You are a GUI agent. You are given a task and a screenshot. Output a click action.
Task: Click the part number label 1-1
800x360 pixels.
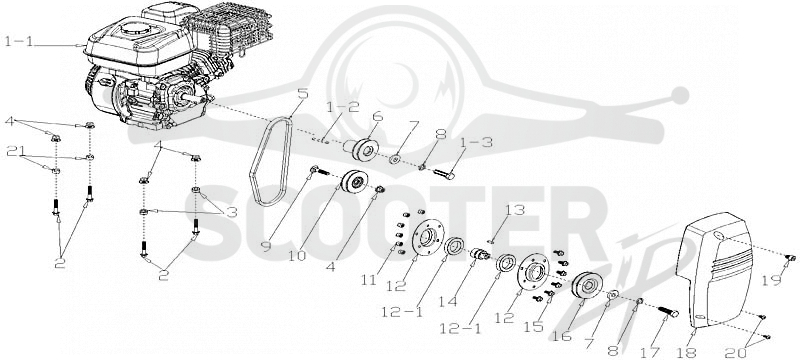pyautogui.click(x=19, y=41)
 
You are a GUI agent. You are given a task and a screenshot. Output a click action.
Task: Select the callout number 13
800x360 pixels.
pyautogui.click(x=514, y=210)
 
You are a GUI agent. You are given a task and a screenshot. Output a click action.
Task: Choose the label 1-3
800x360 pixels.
pyautogui.click(x=478, y=143)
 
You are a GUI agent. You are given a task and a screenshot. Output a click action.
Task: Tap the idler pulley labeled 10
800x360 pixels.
pyautogui.click(x=354, y=183)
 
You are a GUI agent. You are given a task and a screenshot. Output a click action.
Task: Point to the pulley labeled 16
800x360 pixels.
pyautogui.click(x=586, y=287)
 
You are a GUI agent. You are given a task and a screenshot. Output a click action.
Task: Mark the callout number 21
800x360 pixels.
pyautogui.click(x=16, y=151)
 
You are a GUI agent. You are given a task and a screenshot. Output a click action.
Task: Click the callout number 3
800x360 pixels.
pyautogui.click(x=232, y=212)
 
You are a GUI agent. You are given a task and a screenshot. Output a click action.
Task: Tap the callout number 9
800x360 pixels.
pyautogui.click(x=266, y=247)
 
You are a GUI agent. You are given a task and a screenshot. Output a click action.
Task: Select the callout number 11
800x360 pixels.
pyautogui.click(x=369, y=279)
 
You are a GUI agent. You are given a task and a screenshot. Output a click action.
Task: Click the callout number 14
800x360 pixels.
pyautogui.click(x=447, y=302)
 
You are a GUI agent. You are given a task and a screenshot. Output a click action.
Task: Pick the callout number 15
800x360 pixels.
pyautogui.click(x=534, y=326)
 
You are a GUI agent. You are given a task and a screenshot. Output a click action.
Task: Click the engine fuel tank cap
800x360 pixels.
pyautogui.click(x=136, y=28)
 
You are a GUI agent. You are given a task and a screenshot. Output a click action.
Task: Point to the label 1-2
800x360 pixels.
pyautogui.click(x=343, y=108)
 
